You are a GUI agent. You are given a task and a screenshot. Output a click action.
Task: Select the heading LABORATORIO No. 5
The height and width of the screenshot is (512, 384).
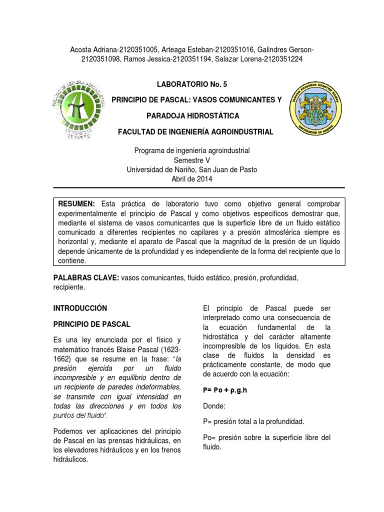pyautogui.click(x=192, y=85)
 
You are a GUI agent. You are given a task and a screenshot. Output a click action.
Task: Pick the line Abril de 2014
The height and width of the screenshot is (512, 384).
pyautogui.click(x=192, y=178)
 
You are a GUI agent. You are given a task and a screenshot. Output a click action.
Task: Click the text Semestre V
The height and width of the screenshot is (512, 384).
pyautogui.click(x=192, y=160)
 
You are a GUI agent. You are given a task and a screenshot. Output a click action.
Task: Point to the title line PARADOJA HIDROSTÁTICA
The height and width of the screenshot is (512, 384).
pyautogui.click(x=192, y=116)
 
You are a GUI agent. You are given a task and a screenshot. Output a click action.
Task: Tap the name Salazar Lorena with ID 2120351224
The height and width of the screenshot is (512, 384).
pyautogui.click(x=245, y=59)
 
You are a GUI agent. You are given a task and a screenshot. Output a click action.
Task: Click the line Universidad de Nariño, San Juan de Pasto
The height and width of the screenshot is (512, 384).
pyautogui.click(x=192, y=169)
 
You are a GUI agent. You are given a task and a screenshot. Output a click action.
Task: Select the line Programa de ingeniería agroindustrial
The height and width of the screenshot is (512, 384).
pyautogui.click(x=192, y=150)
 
